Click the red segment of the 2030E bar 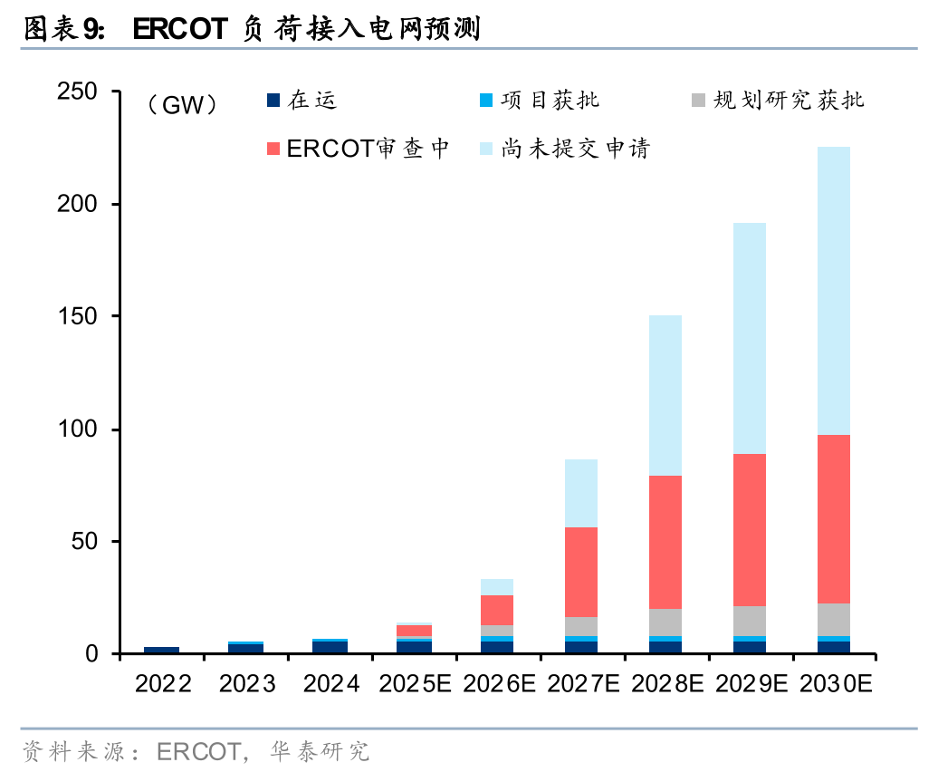[832, 519]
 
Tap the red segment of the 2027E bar [580, 572]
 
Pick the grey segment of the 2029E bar [748, 621]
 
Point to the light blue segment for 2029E [748, 338]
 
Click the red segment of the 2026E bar [496, 610]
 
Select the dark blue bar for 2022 [161, 650]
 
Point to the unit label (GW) [181, 105]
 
